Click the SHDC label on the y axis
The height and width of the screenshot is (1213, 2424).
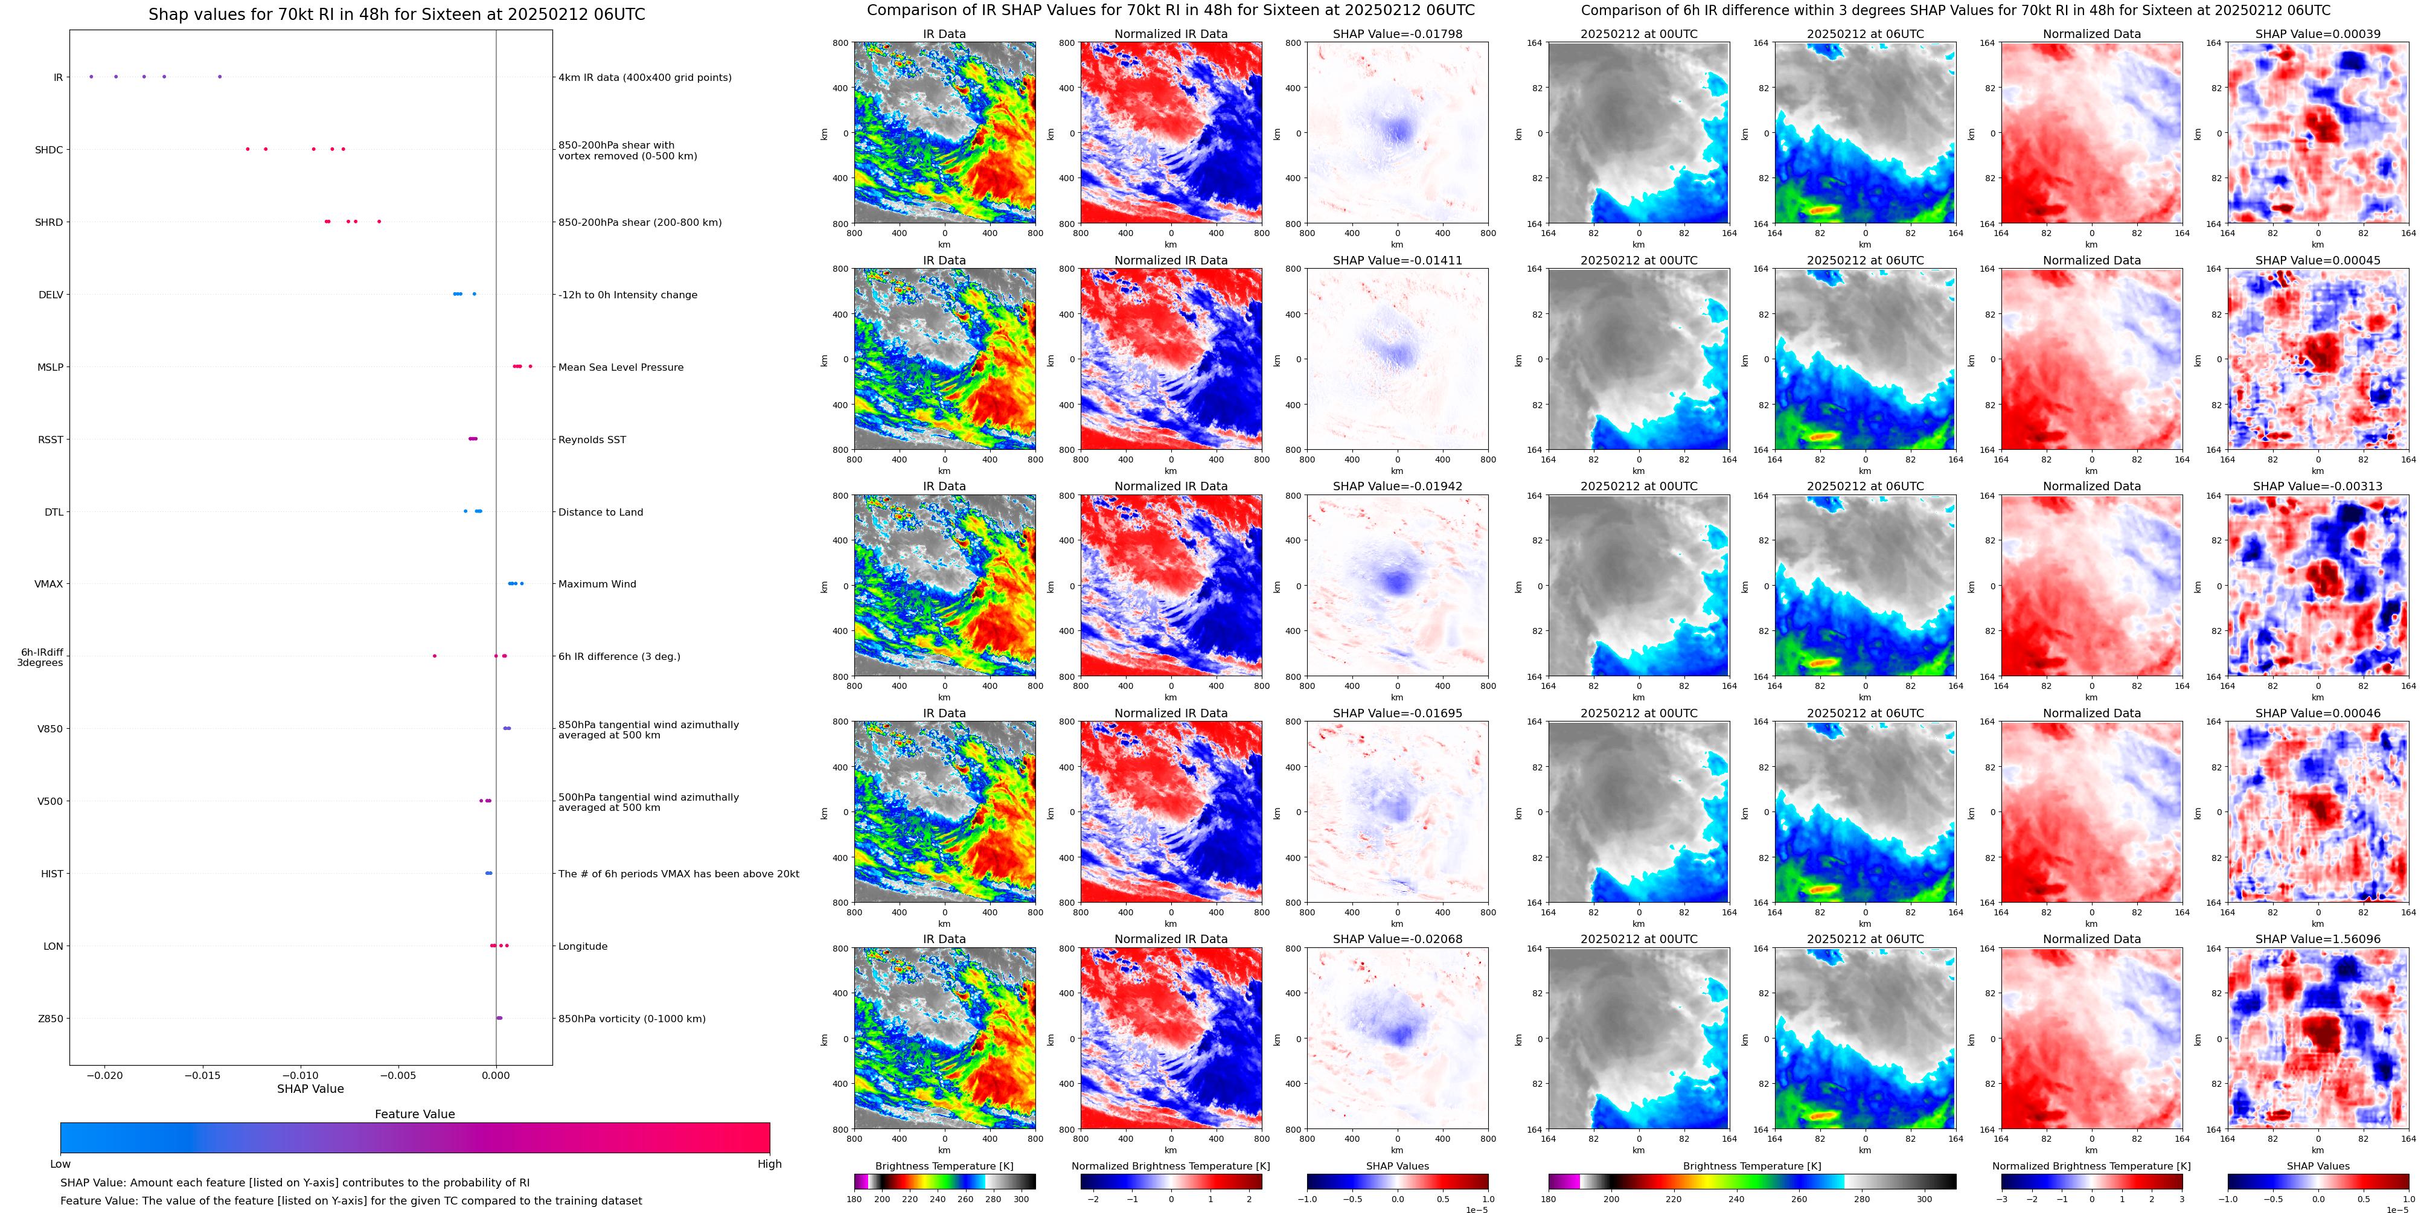coord(49,150)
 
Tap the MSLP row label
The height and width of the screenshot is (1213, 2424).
coord(51,367)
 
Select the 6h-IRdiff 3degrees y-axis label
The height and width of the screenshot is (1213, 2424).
coord(42,657)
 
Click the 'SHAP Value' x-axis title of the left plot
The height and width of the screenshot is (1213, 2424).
coord(310,1089)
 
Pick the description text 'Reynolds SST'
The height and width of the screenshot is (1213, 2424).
coord(592,440)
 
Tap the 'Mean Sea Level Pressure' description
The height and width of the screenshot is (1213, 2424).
coord(621,367)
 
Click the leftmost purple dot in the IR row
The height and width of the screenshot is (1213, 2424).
coord(91,76)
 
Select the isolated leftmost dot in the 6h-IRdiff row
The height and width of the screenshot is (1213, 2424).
coord(434,656)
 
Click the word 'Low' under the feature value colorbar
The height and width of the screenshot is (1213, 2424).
coord(60,1164)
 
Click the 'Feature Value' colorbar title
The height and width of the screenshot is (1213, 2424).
coord(414,1114)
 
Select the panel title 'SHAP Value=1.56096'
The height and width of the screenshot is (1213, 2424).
coord(2318,939)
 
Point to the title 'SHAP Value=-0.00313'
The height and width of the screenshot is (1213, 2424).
coord(2318,487)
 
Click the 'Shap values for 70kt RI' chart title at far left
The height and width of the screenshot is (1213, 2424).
coord(396,14)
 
